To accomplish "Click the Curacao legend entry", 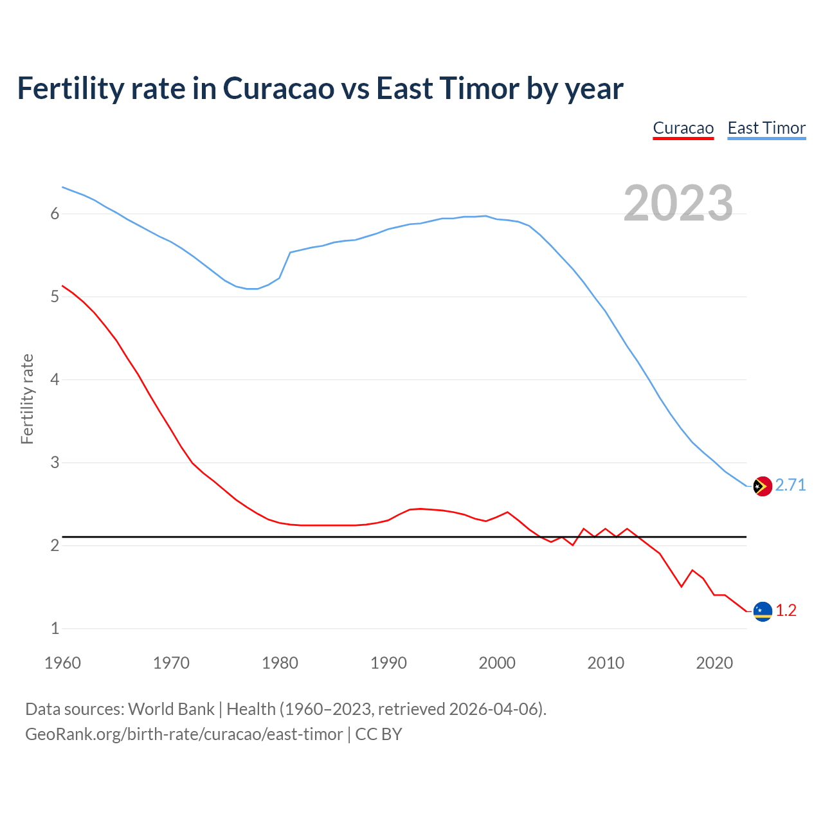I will [x=683, y=128].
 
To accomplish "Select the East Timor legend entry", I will [x=766, y=128].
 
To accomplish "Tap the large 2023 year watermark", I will [x=678, y=203].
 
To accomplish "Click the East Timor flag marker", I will [x=762, y=486].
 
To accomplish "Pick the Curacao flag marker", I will [x=762, y=611].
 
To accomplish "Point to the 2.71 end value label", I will [x=790, y=485].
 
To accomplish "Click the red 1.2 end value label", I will [x=786, y=610].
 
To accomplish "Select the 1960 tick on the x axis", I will [x=62, y=663].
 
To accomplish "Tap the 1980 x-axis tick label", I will [x=280, y=663].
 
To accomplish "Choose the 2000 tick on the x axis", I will [x=497, y=663].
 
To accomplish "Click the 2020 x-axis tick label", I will [x=714, y=663].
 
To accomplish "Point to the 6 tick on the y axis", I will [x=55, y=213].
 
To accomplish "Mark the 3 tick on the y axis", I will [x=55, y=462].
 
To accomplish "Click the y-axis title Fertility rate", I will [x=27, y=399].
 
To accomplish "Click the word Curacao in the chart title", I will [x=278, y=89].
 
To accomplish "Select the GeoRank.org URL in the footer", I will [x=184, y=734].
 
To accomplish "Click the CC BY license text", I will [x=379, y=734].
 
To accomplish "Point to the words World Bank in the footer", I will [x=171, y=709].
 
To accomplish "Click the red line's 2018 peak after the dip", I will [x=692, y=570].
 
